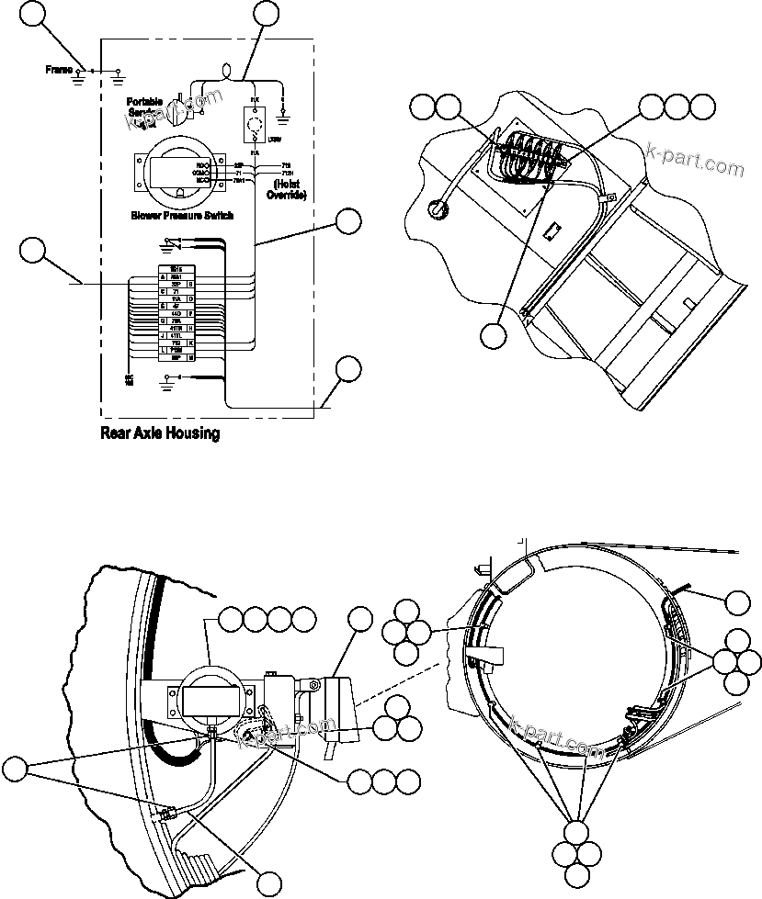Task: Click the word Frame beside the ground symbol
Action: coord(60,70)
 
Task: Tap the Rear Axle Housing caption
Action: coord(159,433)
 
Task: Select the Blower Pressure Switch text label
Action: coord(180,217)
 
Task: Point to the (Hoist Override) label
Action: coord(285,189)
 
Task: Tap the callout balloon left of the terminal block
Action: coord(33,252)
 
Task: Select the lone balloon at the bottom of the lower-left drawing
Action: coord(268,883)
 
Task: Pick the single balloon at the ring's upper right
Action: coord(737,602)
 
